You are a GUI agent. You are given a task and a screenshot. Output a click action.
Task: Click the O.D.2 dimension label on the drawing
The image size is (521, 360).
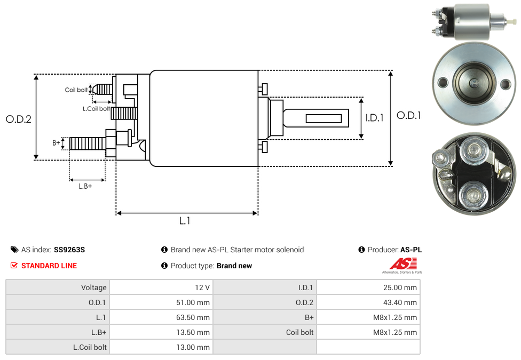[x=19, y=119]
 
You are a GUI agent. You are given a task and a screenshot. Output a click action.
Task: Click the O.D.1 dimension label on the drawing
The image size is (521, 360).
[x=409, y=115]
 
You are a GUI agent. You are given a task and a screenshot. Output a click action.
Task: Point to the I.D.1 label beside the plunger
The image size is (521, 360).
[x=375, y=118]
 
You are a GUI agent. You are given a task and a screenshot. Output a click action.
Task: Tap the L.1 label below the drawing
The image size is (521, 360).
[x=185, y=221]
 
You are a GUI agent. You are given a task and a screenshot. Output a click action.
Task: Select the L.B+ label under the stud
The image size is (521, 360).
[x=85, y=186]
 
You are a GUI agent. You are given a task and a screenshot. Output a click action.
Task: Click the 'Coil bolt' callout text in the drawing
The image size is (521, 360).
[x=76, y=90]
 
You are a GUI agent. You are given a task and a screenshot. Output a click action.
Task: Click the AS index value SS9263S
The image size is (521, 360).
[x=69, y=250]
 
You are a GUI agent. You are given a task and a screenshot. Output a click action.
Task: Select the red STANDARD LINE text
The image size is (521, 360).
[x=49, y=266]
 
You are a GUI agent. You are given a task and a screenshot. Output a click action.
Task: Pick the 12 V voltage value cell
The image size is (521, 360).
[x=202, y=287]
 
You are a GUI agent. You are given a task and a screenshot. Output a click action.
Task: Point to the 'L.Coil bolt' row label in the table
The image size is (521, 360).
[x=90, y=347]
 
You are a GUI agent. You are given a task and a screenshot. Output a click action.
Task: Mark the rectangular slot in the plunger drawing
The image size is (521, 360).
[x=325, y=118]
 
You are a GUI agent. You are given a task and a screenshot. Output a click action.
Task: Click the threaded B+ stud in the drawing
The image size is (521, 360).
[x=88, y=143]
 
